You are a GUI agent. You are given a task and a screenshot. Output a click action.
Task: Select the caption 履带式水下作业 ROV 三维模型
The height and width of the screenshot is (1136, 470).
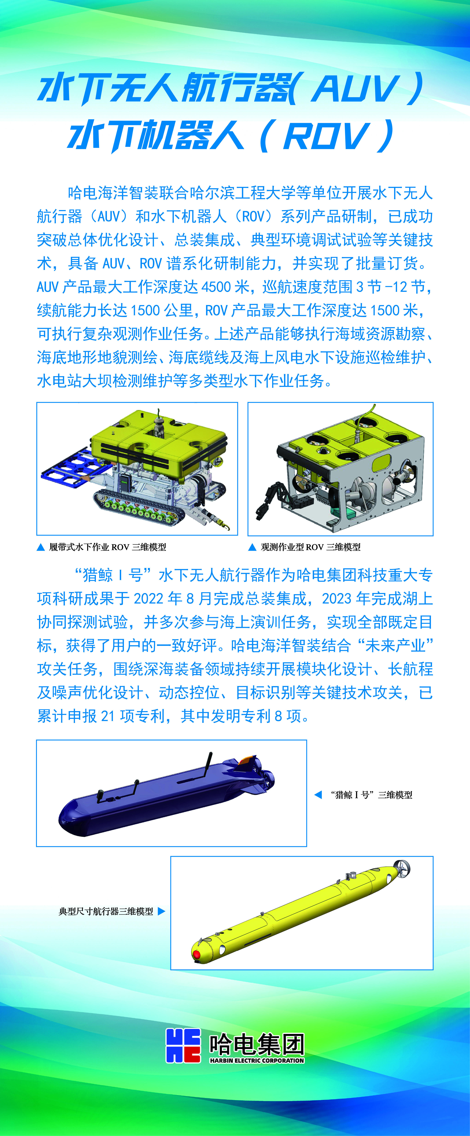107,547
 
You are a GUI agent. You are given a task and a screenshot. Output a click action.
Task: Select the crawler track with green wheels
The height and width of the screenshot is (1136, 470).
132,507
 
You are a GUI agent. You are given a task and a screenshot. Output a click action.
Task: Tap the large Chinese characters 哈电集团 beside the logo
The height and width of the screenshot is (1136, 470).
257,1044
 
